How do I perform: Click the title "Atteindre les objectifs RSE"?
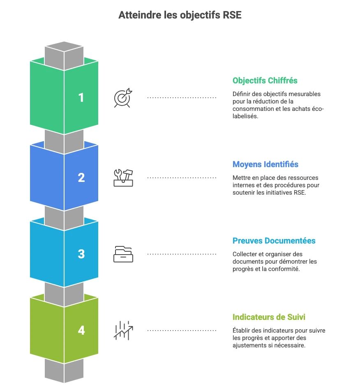[180, 15]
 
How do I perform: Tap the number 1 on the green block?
[81, 98]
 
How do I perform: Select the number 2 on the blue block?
[81, 177]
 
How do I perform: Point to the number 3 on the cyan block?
[81, 254]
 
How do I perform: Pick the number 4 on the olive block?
[81, 330]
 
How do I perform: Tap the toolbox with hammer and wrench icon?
[123, 177]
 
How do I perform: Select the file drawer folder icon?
[123, 254]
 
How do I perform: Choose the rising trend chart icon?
[123, 330]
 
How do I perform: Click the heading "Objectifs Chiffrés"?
[265, 80]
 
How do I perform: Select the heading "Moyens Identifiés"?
[265, 164]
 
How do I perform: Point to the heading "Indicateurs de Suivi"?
[269, 317]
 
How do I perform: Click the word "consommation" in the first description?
[252, 109]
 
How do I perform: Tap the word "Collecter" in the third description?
[244, 254]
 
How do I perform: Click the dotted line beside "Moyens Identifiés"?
[182, 178]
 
